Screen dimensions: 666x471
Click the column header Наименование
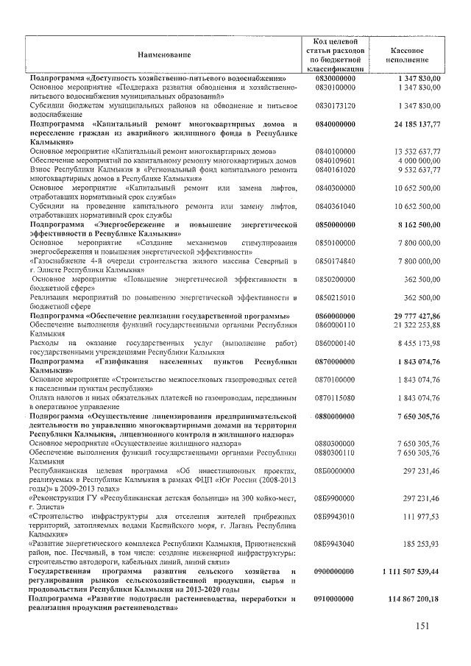pyautogui.click(x=163, y=54)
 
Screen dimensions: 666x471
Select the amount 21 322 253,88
pyautogui.click(x=411, y=325)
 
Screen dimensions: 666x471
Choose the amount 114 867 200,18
pyautogui.click(x=408, y=598)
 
